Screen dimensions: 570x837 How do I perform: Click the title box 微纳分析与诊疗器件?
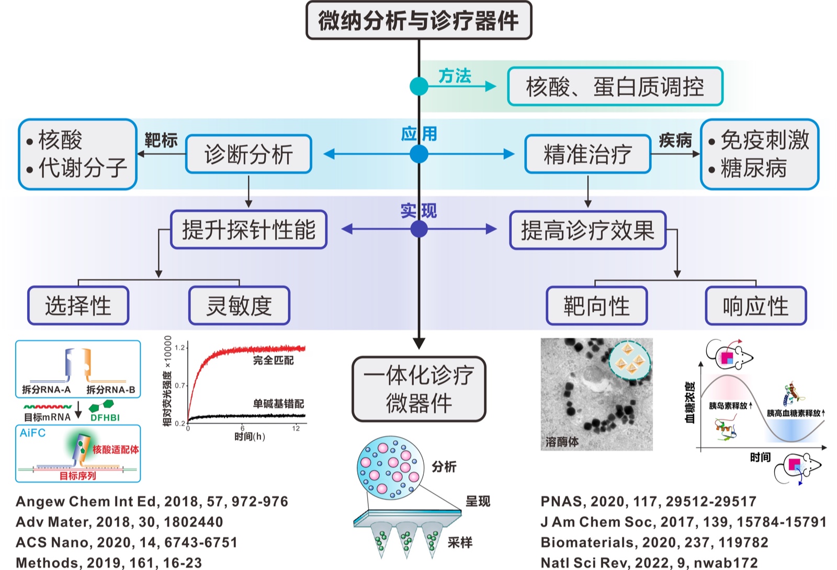[x=418, y=20]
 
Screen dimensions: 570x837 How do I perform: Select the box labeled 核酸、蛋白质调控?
[x=615, y=87]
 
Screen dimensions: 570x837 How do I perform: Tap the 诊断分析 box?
[x=248, y=154]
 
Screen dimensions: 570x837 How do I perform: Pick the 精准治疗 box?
[x=587, y=154]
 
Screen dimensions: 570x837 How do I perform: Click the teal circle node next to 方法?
[x=418, y=86]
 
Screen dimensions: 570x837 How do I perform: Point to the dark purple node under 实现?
[x=418, y=229]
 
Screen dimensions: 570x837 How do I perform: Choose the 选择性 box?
[x=78, y=306]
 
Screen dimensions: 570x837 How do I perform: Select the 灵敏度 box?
[x=239, y=306]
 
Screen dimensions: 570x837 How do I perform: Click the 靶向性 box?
[x=596, y=306]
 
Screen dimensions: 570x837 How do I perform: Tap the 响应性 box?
[x=755, y=306]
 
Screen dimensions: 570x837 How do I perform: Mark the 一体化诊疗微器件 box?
[x=418, y=389]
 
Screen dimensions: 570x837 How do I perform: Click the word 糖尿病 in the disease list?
[x=753, y=168]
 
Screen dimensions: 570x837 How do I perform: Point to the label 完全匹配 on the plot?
[x=273, y=360]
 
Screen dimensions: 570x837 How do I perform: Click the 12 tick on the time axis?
[x=296, y=428]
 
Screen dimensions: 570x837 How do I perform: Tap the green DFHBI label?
[x=105, y=417]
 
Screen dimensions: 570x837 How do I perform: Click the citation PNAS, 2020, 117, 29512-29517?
[x=648, y=501]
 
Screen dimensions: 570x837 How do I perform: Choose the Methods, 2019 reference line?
[x=109, y=563]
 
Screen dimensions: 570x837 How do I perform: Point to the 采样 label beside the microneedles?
[x=460, y=542]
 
